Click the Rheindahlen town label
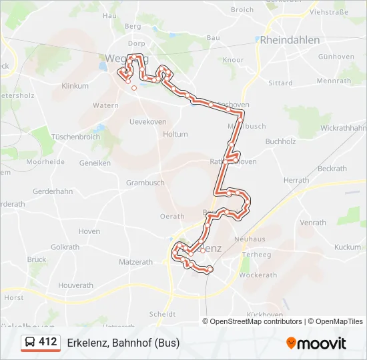[x=290, y=40]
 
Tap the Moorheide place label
[x=45, y=162]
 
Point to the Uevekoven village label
[x=147, y=121]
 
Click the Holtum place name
[x=175, y=134]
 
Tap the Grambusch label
[x=145, y=183]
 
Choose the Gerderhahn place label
[x=53, y=191]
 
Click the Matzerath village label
[x=135, y=263]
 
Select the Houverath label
[x=75, y=285]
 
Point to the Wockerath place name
[x=258, y=275]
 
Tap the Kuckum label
[x=347, y=247]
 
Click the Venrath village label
[x=313, y=223]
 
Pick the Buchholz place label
[x=280, y=141]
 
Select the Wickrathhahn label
[x=343, y=127]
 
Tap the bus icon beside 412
[x=30, y=343]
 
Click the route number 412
[x=48, y=342]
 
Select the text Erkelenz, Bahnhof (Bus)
[x=123, y=343]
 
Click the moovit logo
[x=316, y=343]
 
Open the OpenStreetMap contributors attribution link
[x=256, y=321]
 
